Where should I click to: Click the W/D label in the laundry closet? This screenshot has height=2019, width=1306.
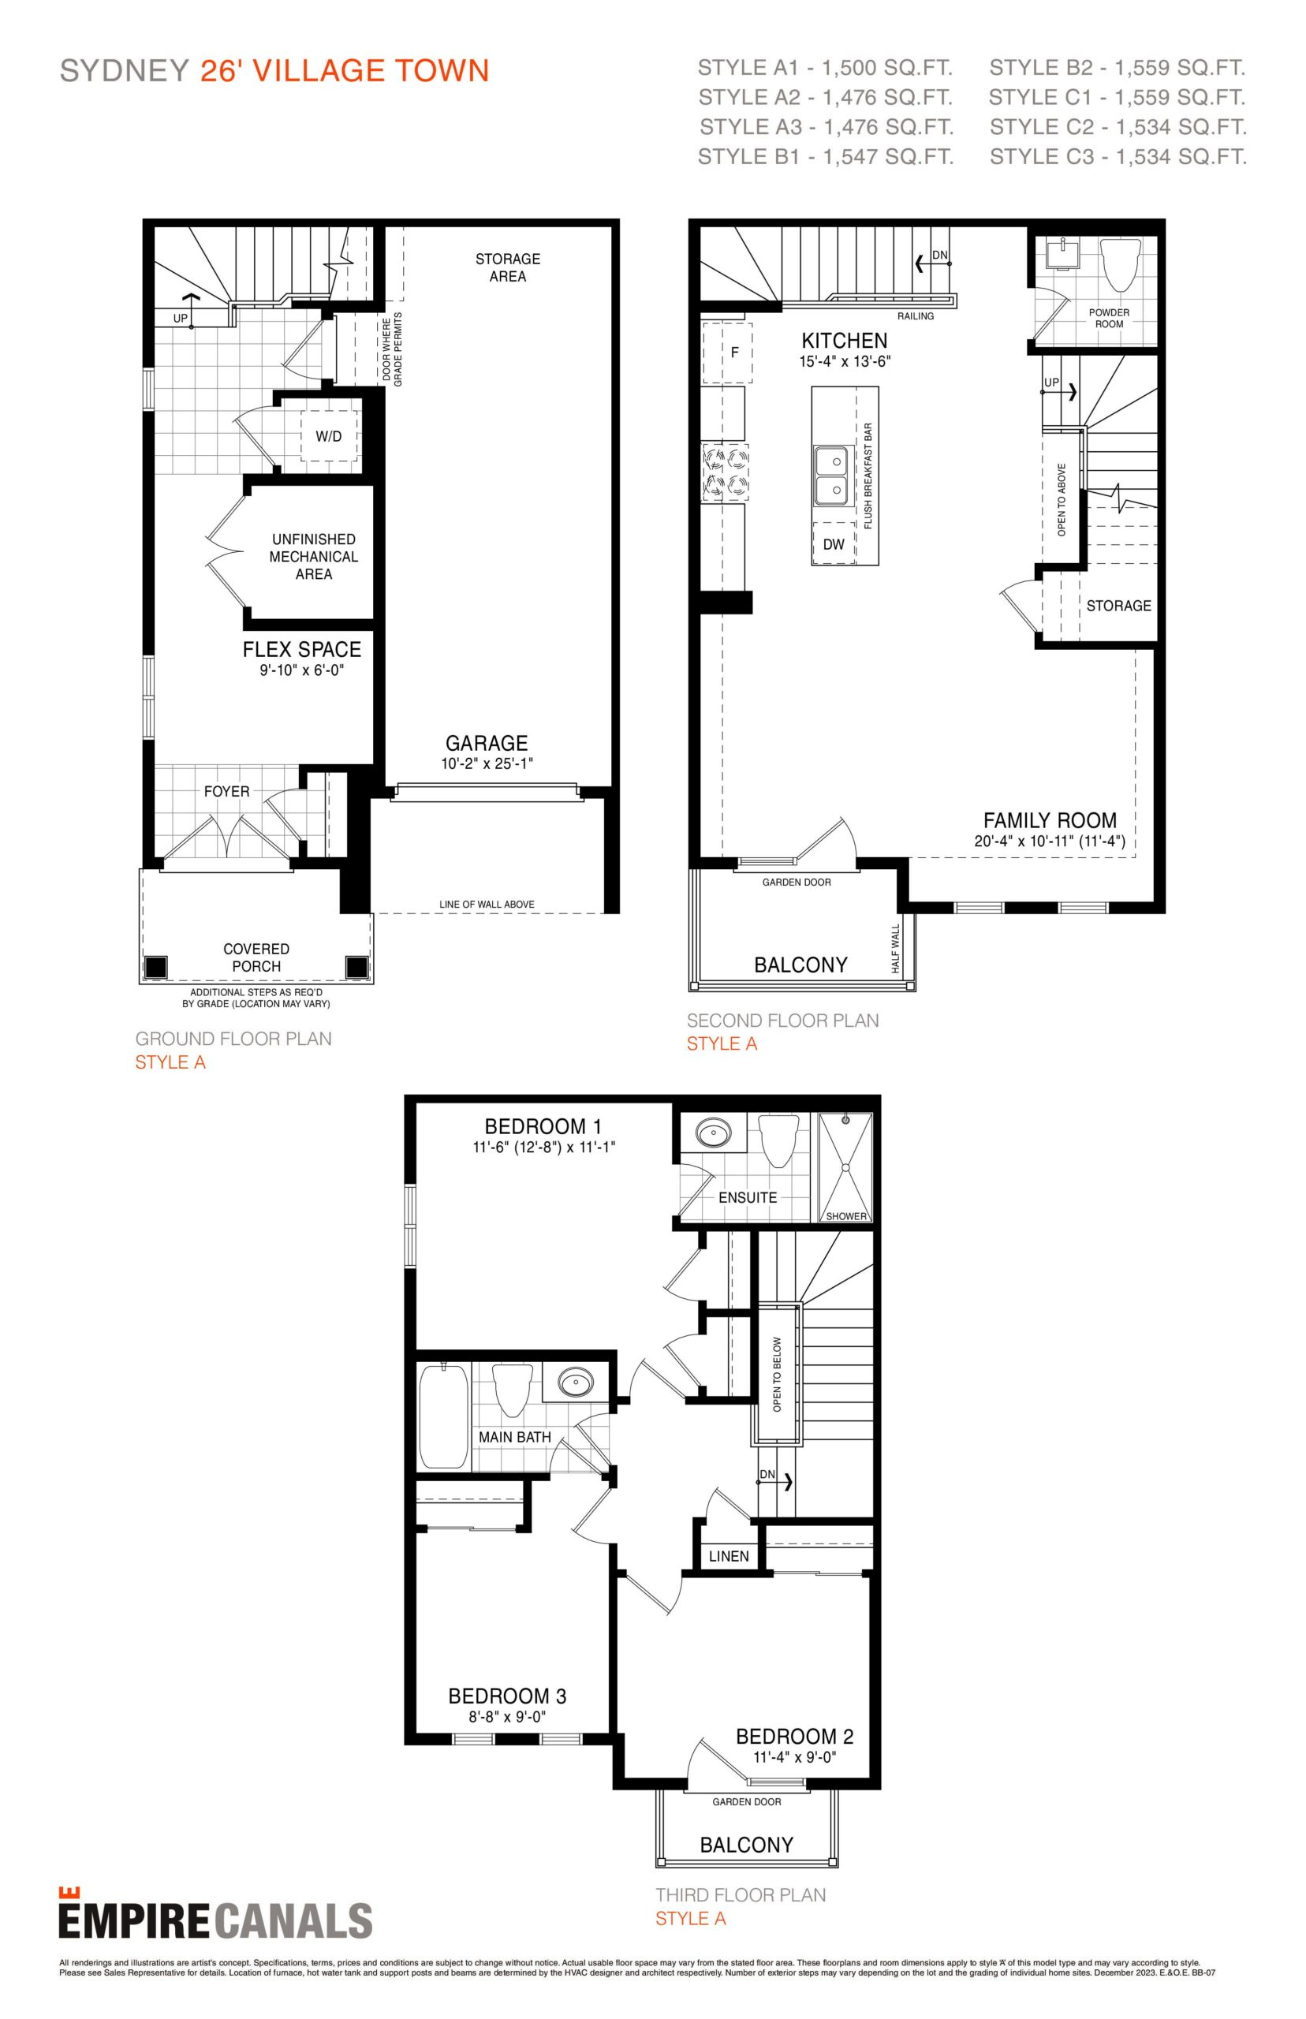329,437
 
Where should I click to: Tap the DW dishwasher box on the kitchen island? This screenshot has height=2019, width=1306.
834,543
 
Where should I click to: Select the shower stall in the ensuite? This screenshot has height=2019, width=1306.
845,1169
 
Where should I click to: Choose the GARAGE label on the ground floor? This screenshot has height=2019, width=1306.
487,743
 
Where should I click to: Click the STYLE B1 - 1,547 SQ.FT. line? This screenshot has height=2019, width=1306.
825,157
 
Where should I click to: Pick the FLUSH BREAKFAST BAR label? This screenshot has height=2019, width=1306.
868,476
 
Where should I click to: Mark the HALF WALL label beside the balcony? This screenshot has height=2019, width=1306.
894,948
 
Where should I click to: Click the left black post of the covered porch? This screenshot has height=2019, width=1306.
155,967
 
